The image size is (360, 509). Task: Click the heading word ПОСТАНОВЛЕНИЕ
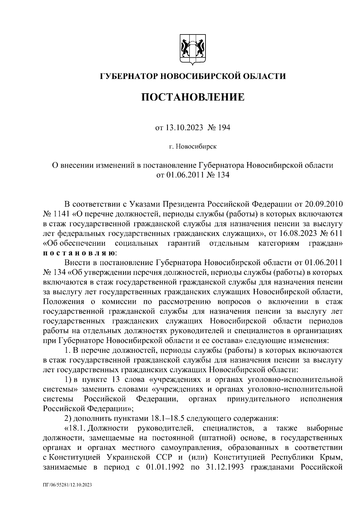point(193,97)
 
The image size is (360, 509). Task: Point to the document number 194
point(223,128)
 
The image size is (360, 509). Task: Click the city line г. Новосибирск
point(192,147)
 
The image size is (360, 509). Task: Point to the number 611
point(336,233)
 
